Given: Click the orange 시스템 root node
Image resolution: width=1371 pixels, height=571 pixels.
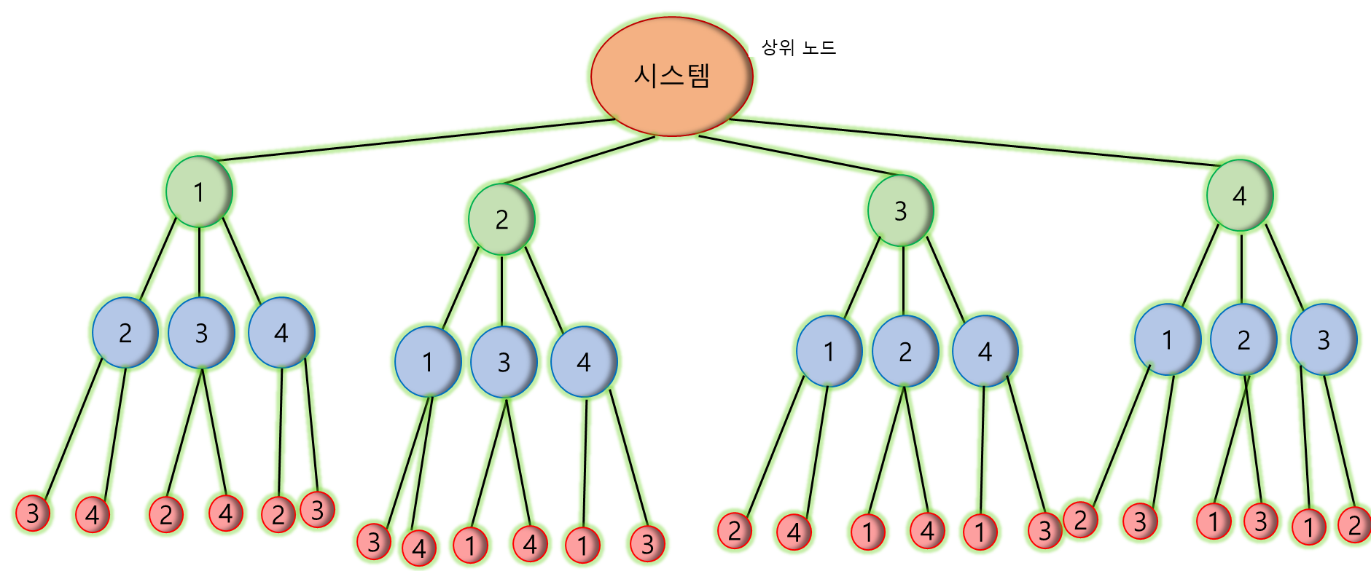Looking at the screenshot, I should [x=671, y=76].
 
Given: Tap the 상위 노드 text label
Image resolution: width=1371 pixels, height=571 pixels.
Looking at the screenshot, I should [x=798, y=48].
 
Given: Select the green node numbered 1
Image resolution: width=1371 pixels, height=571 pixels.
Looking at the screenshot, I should [x=199, y=192].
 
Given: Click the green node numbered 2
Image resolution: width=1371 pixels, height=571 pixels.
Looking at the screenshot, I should [x=501, y=219].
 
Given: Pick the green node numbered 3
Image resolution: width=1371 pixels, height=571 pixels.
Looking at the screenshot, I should [x=901, y=210].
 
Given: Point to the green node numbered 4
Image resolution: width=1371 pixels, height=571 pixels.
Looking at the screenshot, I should [x=1240, y=196].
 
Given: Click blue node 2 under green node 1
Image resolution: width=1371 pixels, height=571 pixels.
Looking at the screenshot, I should [x=125, y=333].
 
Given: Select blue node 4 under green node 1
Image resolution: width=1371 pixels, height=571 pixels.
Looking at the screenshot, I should [x=281, y=333].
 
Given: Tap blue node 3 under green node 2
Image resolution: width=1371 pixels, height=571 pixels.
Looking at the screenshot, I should [x=504, y=362].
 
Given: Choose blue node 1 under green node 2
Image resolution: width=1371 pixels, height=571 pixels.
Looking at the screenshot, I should [x=428, y=362].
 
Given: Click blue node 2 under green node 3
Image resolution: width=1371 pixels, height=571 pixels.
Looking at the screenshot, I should [x=905, y=352].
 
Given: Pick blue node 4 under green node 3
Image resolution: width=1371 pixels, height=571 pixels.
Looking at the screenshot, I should [x=985, y=352].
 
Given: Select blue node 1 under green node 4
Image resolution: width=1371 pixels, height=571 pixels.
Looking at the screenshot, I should [x=1168, y=339].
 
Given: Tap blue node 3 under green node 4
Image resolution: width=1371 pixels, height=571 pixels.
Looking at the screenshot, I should [x=1324, y=339].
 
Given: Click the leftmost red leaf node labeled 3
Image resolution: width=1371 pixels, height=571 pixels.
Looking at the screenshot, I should [x=33, y=513].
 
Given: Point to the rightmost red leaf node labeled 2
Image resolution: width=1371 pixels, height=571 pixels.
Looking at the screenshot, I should [x=1354, y=524].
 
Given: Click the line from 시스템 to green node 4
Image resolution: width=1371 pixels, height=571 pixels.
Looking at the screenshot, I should [x=969, y=142].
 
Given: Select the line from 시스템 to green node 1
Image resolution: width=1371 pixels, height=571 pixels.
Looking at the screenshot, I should [x=415, y=140].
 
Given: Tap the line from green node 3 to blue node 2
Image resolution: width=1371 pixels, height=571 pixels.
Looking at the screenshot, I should [x=903, y=280].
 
